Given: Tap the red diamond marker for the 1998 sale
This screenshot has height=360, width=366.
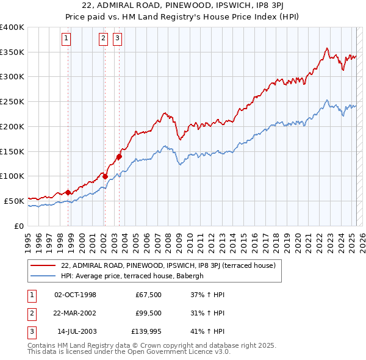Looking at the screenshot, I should coord(68,192).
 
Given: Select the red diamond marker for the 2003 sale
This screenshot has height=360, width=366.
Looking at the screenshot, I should coord(119,156).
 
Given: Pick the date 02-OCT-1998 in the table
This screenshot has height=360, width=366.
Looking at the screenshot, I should coord(75,295).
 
